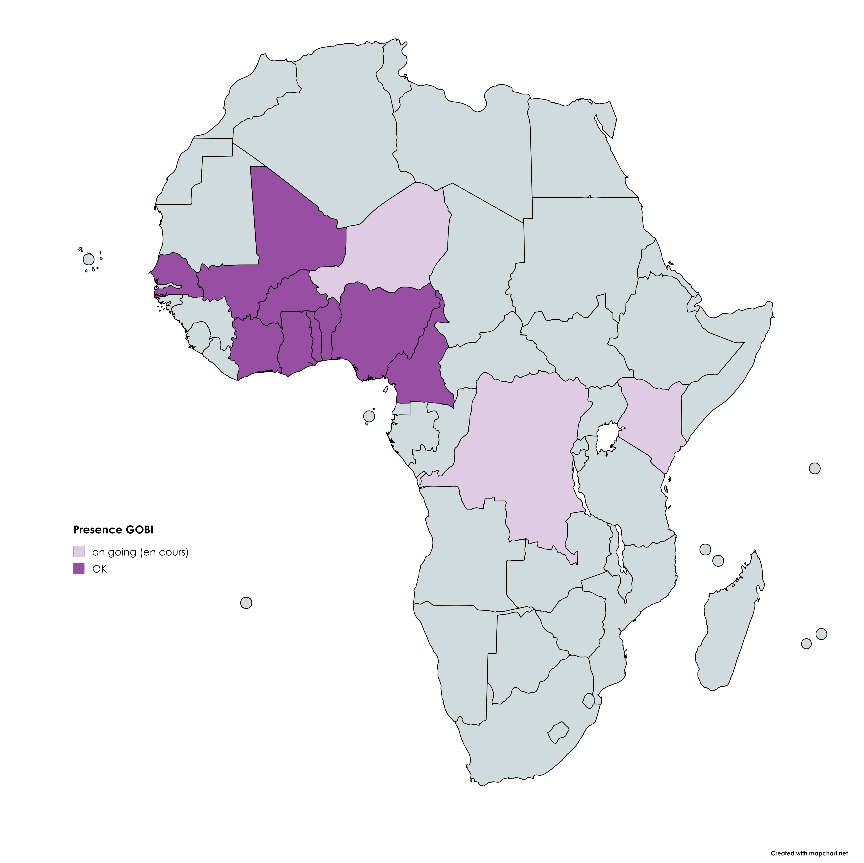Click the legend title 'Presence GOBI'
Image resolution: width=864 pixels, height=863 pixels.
(x=113, y=530)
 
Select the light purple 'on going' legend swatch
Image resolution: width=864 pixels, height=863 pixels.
(x=79, y=551)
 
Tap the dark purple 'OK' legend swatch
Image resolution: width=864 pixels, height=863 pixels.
(x=79, y=569)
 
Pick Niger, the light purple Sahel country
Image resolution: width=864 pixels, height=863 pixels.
(x=393, y=242)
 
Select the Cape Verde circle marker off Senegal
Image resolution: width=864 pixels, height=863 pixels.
(x=89, y=259)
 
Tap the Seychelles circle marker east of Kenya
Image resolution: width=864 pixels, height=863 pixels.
(x=815, y=469)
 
